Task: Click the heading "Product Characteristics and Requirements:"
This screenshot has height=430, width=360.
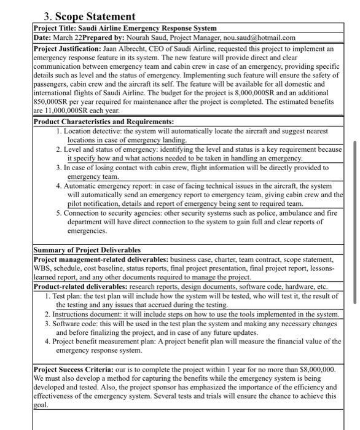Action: (103, 122)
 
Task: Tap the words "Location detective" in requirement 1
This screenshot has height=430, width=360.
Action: (95, 131)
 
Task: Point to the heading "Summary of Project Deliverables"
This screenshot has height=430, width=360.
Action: (87, 250)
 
